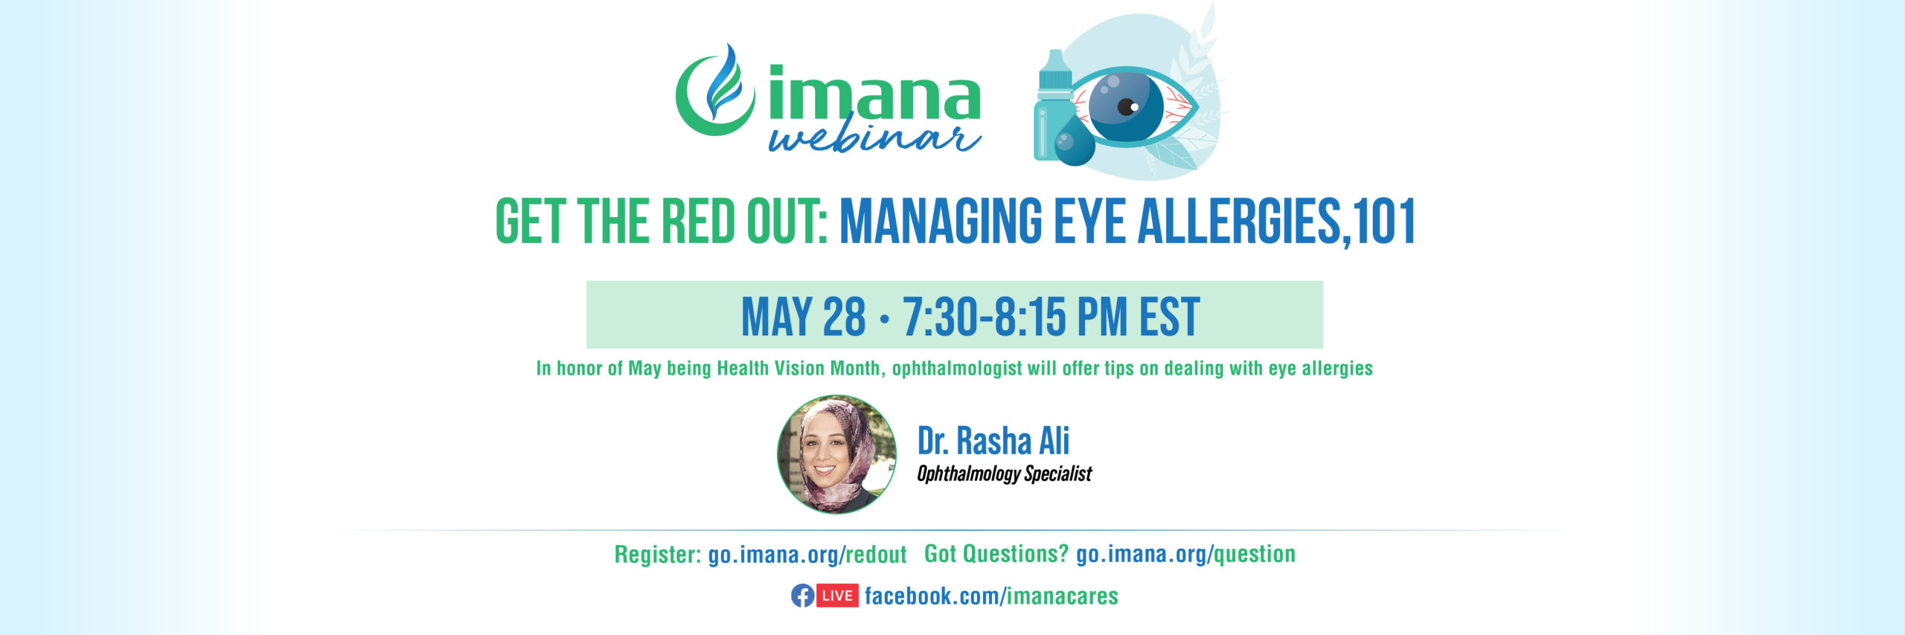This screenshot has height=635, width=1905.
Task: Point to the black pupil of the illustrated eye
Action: point(1126,107)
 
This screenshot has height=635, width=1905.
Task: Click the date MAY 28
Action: point(804,317)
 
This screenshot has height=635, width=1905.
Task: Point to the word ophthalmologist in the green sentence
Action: point(957,369)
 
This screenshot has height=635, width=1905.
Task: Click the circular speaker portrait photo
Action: point(836,454)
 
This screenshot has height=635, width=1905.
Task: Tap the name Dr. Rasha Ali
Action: point(993,441)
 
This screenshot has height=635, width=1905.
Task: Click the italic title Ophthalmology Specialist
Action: point(1004,474)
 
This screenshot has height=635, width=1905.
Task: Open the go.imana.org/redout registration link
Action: point(807,555)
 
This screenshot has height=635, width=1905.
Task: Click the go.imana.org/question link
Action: point(1185,554)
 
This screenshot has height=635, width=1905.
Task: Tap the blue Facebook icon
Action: point(802,596)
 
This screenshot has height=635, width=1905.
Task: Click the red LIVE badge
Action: point(838,596)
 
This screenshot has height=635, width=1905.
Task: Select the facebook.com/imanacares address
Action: point(991,596)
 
